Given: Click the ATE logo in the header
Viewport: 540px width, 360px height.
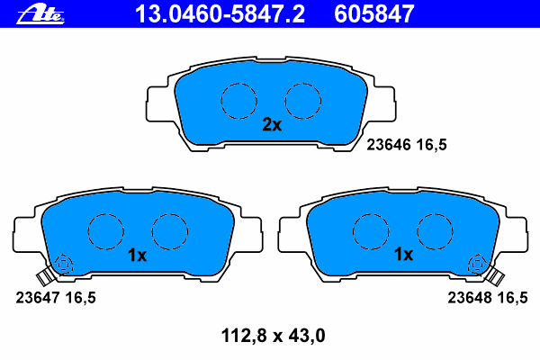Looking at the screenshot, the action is (40, 14).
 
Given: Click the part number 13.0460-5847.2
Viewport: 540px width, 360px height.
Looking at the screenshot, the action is (220, 14).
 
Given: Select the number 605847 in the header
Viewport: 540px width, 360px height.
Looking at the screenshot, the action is (374, 14).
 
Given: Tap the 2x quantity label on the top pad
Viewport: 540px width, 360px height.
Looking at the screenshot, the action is (272, 124).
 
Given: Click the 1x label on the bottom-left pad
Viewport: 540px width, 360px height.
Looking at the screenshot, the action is (137, 256).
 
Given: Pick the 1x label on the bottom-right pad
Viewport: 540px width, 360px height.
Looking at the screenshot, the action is (403, 254).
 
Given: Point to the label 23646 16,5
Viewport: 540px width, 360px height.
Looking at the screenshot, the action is (407, 145).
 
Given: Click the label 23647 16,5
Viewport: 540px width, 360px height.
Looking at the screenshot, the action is (56, 298).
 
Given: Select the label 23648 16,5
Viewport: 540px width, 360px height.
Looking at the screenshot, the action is (487, 298).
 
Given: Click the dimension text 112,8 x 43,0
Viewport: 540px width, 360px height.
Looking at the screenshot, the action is (273, 336).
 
